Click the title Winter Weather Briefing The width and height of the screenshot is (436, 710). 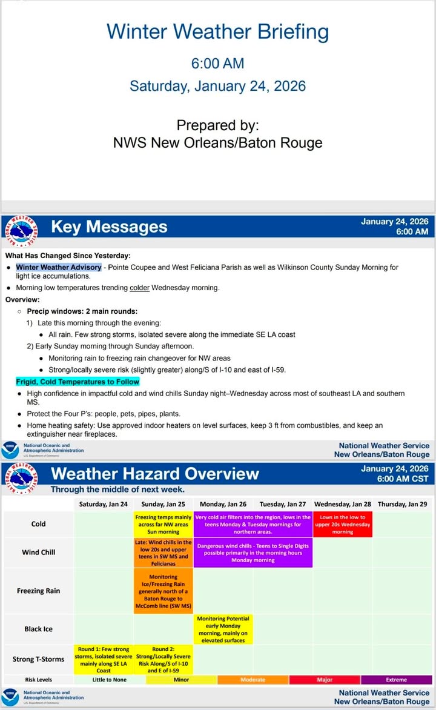218,32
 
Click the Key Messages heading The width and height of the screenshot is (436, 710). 109,227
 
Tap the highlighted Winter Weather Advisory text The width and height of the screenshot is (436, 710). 59,267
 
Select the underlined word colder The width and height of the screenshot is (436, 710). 139,288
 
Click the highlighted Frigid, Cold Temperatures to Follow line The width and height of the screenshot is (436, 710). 78,382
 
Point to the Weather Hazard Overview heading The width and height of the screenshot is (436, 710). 155,473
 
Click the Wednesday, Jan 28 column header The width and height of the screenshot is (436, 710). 343,504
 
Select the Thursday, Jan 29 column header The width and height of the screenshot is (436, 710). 401,504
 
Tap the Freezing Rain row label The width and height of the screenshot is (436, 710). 38,591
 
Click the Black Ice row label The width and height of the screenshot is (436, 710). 38,629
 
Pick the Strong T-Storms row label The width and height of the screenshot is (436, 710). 38,659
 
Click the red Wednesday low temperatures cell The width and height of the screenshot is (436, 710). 343,524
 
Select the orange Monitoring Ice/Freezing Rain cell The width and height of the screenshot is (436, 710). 163,591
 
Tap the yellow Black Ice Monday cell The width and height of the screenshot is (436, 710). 223,629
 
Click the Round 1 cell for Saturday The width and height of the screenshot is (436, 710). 104,660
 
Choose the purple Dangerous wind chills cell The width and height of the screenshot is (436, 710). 253,552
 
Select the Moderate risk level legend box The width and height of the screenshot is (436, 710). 253,680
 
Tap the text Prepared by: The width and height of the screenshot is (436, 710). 218,125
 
